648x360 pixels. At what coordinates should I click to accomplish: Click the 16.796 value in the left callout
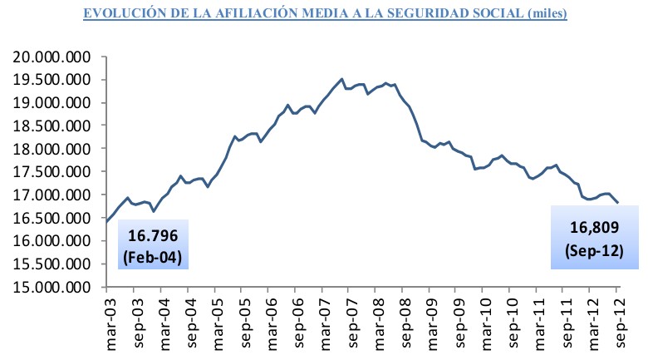153,236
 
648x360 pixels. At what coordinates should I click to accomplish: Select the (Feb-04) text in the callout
153,254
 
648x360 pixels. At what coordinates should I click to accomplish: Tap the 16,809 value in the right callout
596,226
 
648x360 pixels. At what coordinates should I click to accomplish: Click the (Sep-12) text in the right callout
596,249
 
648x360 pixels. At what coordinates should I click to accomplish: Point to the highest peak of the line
342,79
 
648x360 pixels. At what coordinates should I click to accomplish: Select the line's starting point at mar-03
107,222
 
